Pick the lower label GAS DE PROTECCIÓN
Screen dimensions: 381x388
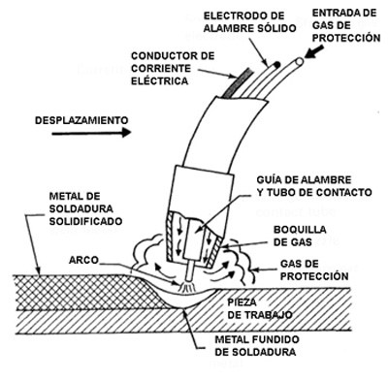[x=313, y=270]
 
